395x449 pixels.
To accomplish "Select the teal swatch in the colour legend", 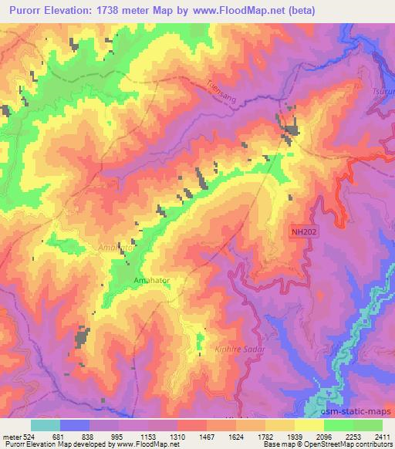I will coord(46,425).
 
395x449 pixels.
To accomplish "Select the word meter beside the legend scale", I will coord(11,436).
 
